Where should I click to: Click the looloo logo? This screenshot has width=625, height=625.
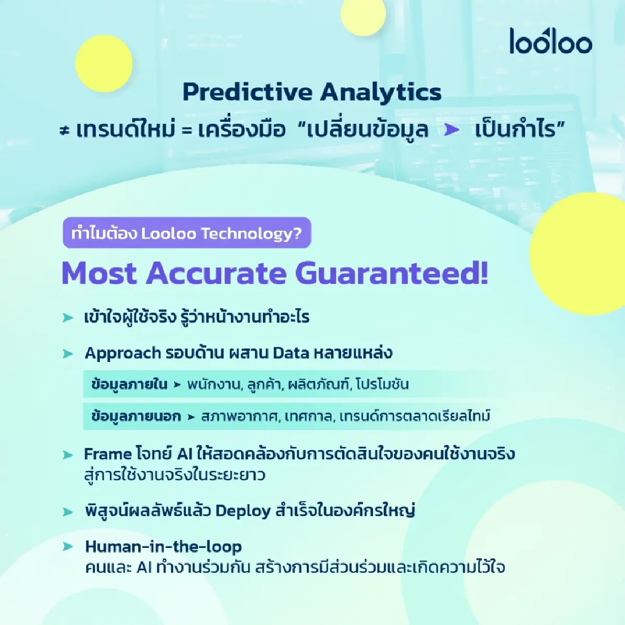click(551, 41)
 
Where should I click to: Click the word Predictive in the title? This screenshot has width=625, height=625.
click(247, 93)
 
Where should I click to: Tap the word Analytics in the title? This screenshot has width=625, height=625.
click(381, 93)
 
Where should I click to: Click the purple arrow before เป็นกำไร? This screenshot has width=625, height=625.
click(452, 130)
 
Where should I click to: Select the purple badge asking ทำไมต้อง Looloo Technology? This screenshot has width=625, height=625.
click(186, 233)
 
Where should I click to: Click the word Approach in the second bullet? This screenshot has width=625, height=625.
click(122, 353)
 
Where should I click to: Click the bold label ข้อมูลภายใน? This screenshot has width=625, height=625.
click(129, 384)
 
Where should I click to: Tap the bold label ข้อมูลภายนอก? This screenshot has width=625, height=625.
click(136, 416)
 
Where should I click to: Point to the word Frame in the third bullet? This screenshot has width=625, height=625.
click(107, 454)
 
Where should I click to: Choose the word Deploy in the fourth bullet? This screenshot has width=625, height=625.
click(243, 511)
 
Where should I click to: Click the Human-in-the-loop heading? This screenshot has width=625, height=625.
click(163, 546)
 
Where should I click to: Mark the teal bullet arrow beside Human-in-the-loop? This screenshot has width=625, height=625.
click(68, 546)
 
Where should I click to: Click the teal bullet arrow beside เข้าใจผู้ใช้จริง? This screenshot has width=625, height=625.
click(68, 318)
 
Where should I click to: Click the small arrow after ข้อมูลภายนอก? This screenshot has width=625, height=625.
click(191, 417)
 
